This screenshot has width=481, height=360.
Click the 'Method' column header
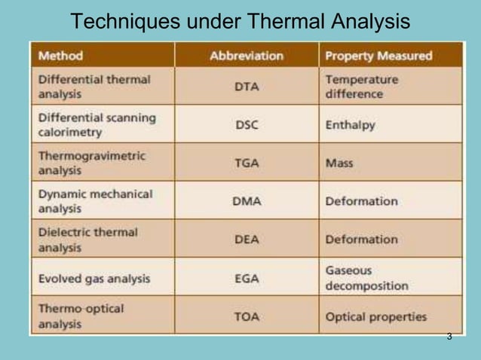[61, 56]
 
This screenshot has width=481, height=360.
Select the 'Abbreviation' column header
[247, 56]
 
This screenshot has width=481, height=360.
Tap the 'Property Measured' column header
[378, 56]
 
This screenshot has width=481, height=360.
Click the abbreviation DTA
[247, 87]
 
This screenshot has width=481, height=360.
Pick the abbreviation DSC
[247, 125]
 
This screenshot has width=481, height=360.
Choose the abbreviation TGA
[247, 163]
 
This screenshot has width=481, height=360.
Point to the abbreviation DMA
[247, 201]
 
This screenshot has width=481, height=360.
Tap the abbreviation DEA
[247, 239]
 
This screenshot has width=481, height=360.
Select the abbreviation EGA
[247, 278]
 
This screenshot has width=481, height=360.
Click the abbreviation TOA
[247, 316]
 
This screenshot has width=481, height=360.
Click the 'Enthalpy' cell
[350, 125]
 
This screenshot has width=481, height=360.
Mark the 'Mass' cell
[339, 163]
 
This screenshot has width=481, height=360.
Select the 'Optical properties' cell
[375, 316]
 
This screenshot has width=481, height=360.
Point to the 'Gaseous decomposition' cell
[366, 278]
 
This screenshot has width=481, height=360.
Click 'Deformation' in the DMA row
[361, 201]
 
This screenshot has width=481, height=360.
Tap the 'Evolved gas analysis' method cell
[94, 279]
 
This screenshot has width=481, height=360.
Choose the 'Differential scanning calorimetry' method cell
[97, 125]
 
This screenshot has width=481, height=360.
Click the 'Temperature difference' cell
[362, 87]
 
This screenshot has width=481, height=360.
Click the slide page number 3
[449, 336]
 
